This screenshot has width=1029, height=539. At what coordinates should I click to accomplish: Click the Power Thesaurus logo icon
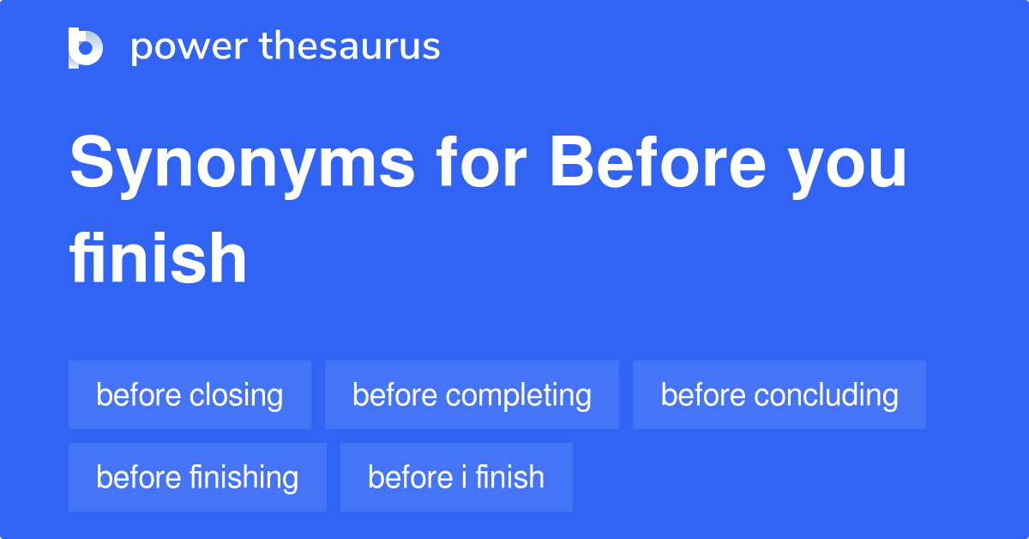click(x=86, y=47)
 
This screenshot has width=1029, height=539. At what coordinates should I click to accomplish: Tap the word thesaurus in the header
click(x=350, y=47)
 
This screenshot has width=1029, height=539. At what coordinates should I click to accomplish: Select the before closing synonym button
click(x=190, y=395)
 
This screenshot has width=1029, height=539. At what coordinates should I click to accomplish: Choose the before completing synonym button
click(x=472, y=395)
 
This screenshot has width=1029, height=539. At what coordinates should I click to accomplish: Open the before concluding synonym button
click(x=779, y=395)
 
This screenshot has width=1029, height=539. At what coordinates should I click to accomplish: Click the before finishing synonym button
click(x=197, y=477)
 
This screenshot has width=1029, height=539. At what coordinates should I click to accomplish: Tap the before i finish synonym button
click(x=456, y=477)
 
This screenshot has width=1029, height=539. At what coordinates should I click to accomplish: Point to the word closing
click(x=236, y=396)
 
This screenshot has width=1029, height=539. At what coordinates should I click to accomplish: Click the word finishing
click(x=244, y=478)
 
